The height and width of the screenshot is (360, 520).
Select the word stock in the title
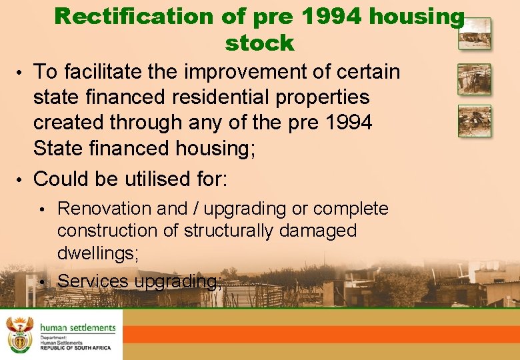259,43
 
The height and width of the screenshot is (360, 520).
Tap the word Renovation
104,209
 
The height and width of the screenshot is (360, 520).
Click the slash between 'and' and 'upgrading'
196,209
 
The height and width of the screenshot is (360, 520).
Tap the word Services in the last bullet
93,281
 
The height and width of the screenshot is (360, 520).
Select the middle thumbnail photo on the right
474,79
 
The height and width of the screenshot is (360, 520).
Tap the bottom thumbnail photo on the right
474,121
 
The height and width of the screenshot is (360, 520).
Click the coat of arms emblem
19,334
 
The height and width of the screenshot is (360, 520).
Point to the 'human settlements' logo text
77,327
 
